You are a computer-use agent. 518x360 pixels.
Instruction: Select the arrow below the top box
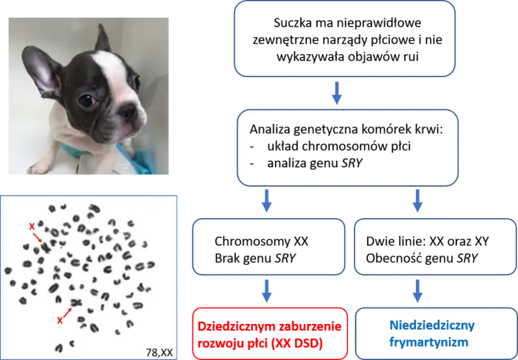[x=337, y=93]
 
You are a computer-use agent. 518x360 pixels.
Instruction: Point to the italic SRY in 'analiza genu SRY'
[x=352, y=163]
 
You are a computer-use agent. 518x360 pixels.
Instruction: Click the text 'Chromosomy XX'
[x=261, y=241]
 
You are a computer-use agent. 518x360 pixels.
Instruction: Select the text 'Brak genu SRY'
[x=255, y=258]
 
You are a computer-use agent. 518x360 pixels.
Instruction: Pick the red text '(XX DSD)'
[x=296, y=343]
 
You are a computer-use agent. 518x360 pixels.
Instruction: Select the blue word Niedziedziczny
[x=432, y=325]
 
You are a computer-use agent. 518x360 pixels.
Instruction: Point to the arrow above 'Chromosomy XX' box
[x=267, y=201]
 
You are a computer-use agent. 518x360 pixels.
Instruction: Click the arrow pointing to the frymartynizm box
[x=417, y=291]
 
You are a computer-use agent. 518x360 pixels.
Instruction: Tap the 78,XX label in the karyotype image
[x=159, y=352]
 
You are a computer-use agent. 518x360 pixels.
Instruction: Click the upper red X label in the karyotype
[x=32, y=227]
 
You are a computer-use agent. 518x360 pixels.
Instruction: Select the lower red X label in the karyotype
[x=60, y=320]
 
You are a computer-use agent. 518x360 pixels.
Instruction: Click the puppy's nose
[x=127, y=112]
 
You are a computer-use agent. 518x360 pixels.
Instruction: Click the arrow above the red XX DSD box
[x=267, y=291]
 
